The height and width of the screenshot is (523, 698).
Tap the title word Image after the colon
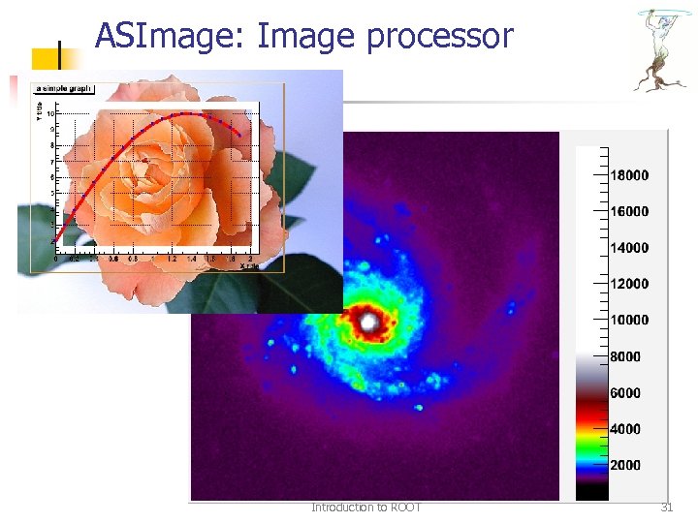click(308, 37)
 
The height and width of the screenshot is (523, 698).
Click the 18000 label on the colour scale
click(629, 175)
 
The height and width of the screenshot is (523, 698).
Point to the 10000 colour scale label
click(629, 321)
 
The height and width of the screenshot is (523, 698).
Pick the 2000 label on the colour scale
click(625, 466)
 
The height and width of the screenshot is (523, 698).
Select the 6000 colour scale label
click(625, 393)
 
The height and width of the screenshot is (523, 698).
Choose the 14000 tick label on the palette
click(629, 248)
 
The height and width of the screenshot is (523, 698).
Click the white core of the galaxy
click(369, 321)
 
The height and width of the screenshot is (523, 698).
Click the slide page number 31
click(666, 508)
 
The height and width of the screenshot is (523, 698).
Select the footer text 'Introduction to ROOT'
click(366, 508)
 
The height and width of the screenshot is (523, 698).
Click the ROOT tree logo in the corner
click(661, 48)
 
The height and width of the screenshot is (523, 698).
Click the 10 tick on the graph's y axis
click(50, 113)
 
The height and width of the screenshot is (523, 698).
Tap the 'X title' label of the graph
click(249, 266)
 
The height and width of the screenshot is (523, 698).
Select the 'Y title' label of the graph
click(40, 111)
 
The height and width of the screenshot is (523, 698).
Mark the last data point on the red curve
click(239, 135)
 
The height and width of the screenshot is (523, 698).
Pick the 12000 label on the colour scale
click(629, 284)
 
